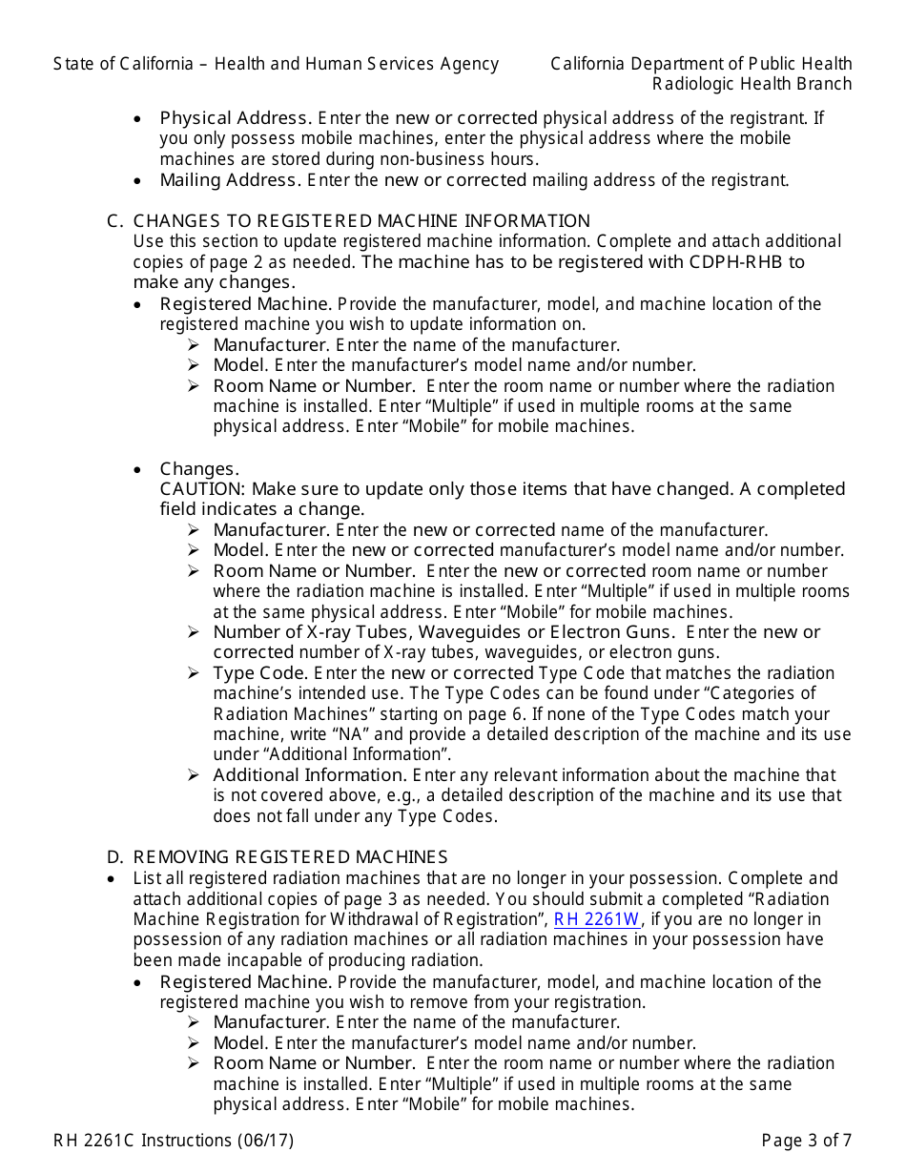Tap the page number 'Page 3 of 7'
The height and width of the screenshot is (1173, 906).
coord(806,1140)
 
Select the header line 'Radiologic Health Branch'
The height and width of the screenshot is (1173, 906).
coord(752,84)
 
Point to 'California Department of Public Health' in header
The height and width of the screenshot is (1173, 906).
coord(701,64)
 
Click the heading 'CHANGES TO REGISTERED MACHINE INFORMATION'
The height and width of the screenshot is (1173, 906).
coord(361,221)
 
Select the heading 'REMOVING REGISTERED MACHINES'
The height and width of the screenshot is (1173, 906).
coord(290,857)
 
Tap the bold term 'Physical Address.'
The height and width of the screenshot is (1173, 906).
coord(236,118)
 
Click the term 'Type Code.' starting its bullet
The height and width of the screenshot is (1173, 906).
coord(259,673)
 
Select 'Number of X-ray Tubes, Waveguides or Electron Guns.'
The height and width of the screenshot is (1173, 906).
coord(443,632)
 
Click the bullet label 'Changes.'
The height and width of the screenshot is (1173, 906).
coord(199,469)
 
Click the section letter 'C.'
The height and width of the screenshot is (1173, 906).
coord(115,221)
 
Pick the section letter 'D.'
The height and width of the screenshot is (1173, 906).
coord(115,857)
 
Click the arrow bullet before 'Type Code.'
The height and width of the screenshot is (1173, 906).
coord(194,673)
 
